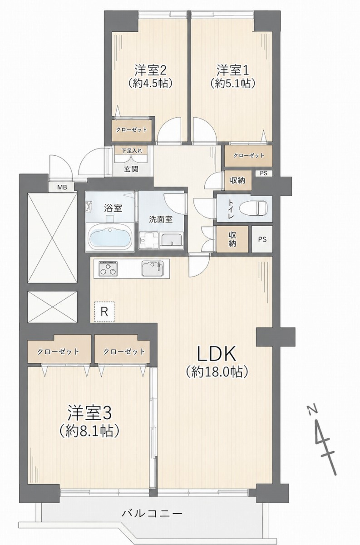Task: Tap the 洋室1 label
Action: pos(233,70)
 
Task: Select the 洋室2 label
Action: pos(151,70)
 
